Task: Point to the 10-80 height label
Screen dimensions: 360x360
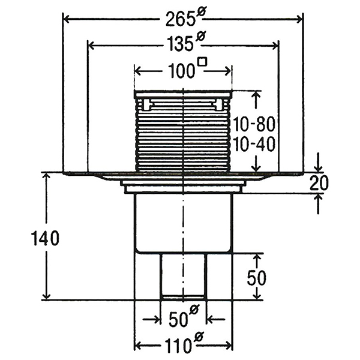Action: point(254,124)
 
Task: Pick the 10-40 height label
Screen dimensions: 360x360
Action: point(254,144)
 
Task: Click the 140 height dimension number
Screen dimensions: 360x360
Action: point(45,238)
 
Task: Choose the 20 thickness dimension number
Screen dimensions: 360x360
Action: point(319,183)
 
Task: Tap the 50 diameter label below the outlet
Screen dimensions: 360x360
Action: point(184,317)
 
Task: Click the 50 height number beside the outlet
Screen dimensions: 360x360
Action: point(256,277)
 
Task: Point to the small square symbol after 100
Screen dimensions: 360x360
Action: point(203,62)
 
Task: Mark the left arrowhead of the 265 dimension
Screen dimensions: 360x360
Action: point(66,19)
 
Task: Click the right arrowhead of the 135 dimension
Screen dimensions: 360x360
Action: point(275,46)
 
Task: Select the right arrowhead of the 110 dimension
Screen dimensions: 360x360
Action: point(229,345)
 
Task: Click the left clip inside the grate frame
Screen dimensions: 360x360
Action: point(148,104)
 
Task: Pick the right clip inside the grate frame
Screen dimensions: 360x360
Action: point(218,104)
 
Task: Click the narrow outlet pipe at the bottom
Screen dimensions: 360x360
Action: point(184,277)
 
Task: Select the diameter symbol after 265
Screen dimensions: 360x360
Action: point(202,11)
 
